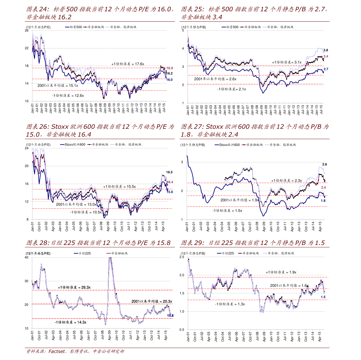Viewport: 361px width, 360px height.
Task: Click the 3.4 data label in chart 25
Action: [x=326, y=57]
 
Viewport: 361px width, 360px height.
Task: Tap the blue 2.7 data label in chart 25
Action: [x=326, y=69]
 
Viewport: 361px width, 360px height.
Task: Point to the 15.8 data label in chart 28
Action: [x=170, y=315]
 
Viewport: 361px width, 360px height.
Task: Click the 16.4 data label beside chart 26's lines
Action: [x=170, y=182]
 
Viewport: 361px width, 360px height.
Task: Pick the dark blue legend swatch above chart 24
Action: [x=67, y=27]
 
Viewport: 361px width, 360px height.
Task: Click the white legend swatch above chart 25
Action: [x=265, y=27]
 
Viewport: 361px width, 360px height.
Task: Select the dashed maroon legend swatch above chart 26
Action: [x=89, y=145]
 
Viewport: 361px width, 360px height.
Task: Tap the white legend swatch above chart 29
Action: [x=265, y=253]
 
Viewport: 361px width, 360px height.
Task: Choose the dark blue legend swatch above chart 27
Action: [x=217, y=145]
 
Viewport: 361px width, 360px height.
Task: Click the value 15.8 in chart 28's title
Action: [x=164, y=243]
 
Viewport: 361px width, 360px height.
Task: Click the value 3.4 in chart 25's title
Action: [x=217, y=17]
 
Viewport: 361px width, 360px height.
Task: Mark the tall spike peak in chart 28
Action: [x=110, y=258]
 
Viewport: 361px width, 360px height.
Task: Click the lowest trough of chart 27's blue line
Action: [x=263, y=216]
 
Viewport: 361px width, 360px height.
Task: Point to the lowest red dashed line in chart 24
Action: [x=99, y=91]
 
